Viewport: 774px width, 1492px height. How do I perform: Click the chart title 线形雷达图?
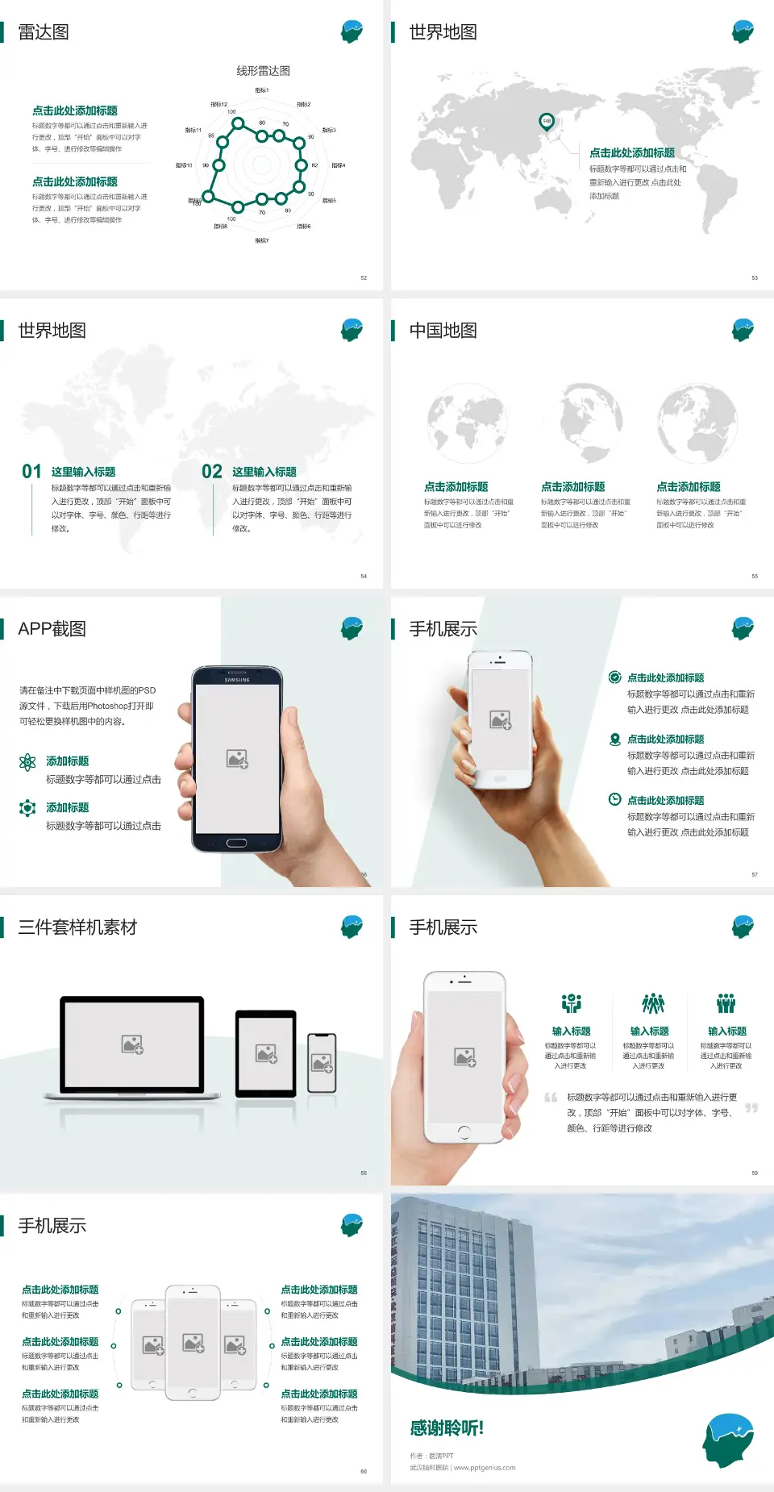[x=263, y=71]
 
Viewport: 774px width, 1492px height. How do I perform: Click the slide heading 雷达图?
[x=44, y=32]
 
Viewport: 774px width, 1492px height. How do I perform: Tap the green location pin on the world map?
[x=547, y=122]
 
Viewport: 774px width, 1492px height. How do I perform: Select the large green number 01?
[x=31, y=472]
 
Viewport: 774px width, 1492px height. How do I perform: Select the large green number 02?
[x=212, y=472]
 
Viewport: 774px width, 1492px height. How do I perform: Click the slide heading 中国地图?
[x=443, y=331]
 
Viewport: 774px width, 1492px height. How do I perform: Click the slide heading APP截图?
[x=52, y=629]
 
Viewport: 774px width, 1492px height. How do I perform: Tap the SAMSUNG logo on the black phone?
[x=237, y=680]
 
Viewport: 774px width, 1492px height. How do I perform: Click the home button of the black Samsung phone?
[x=236, y=843]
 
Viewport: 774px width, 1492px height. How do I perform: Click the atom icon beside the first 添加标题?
[x=27, y=762]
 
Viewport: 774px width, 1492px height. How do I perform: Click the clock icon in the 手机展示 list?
[x=614, y=799]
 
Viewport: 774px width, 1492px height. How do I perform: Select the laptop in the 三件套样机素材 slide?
[x=132, y=1048]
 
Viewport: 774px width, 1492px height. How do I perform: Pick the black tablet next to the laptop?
[x=266, y=1053]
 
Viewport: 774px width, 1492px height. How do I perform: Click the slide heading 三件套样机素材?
[x=77, y=927]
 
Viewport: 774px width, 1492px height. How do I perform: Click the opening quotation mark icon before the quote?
[x=551, y=1098]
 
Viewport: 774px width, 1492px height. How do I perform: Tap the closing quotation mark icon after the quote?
[x=751, y=1108]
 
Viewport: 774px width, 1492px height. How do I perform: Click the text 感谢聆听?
[x=447, y=1428]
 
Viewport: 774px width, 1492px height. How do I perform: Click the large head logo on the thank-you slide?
[x=728, y=1440]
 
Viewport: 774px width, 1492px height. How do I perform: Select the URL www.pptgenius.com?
[x=485, y=1468]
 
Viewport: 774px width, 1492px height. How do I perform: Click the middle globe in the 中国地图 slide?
[x=583, y=423]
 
